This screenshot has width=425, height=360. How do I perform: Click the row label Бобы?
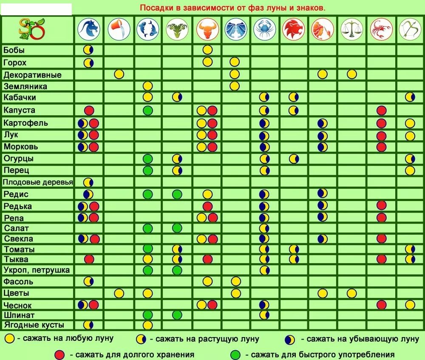tap(14, 50)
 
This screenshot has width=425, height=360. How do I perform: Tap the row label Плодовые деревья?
tap(38, 182)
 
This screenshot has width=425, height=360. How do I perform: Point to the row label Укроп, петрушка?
tap(37, 270)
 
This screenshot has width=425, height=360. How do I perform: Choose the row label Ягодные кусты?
tap(34, 325)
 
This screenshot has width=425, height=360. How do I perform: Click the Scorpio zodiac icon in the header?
tap(381, 29)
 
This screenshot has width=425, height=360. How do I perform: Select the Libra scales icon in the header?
tap(352, 29)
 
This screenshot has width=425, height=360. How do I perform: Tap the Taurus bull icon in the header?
tap(207, 29)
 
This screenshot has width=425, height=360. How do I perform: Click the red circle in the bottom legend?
tap(60, 354)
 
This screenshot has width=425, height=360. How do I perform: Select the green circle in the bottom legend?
tap(235, 354)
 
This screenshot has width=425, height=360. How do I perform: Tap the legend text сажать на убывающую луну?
tap(360, 339)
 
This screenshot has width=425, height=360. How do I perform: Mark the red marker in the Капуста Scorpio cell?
tap(381, 111)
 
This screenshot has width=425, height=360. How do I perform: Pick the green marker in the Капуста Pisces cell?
tap(147, 111)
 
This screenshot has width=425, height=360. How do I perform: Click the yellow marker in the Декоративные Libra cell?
tap(351, 74)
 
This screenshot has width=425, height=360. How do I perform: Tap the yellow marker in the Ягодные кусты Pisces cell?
tap(147, 325)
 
